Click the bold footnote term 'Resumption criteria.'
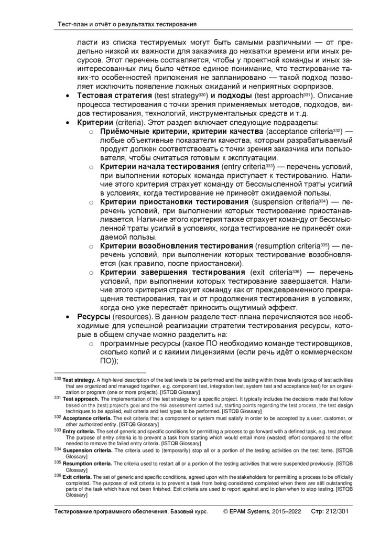coord(88,464)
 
